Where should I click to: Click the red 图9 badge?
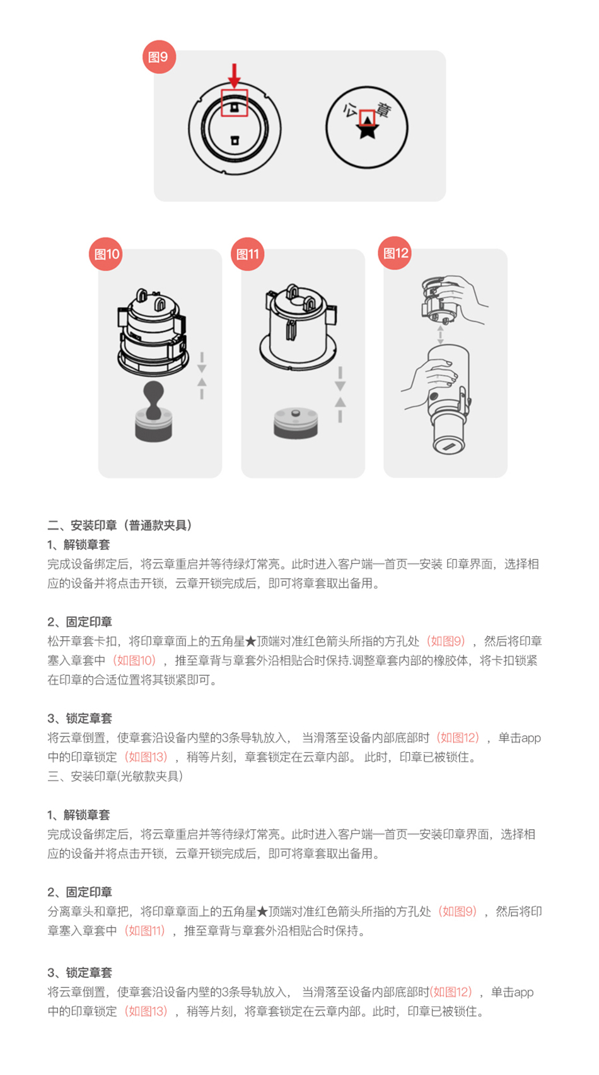159,57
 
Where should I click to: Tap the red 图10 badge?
106,254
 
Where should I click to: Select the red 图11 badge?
248,254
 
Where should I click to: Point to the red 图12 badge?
395,253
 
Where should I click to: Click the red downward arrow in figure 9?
234,75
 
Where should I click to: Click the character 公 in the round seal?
351,110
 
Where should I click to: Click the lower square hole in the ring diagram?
235,140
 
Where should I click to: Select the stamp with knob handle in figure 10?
154,411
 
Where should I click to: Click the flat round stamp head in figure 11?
296,423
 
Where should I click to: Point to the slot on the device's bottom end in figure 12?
449,447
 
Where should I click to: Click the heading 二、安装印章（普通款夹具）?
120,525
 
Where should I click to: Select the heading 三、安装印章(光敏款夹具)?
115,776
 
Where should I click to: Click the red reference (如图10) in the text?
134,660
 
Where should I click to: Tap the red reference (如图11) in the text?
145,931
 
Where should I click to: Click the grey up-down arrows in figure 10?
202,375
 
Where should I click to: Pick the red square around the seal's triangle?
367,118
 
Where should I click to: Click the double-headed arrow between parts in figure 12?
440,335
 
